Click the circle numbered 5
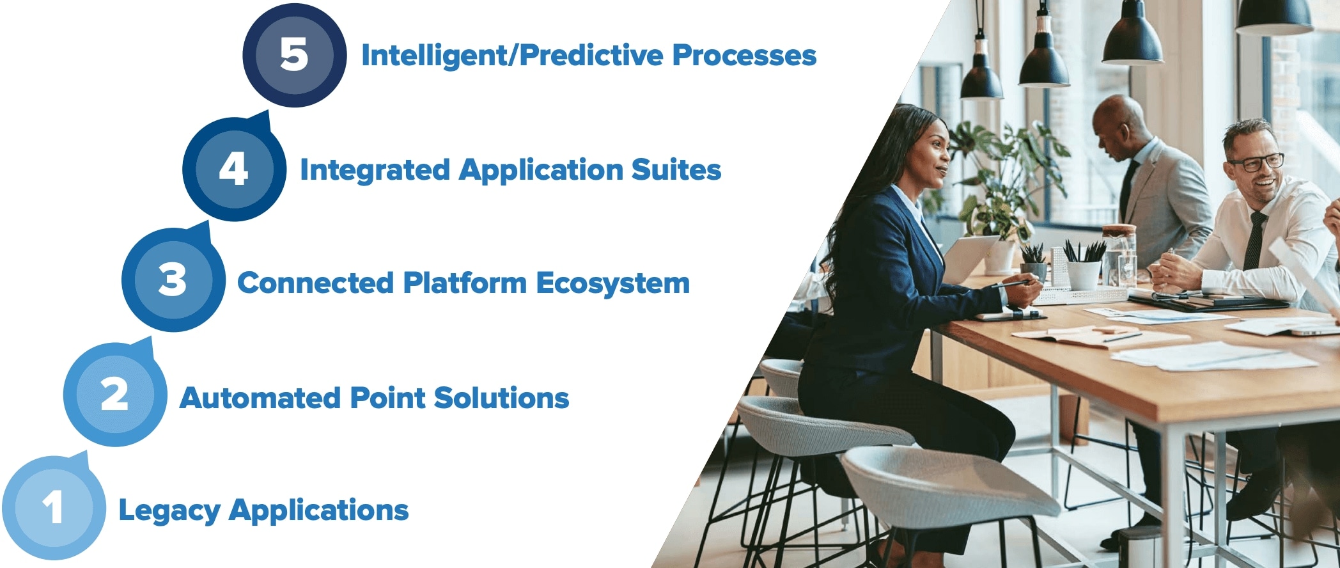pos(295,55)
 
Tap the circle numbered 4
pos(235,170)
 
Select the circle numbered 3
pos(173,280)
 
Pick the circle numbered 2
pos(115,395)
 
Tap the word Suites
pos(676,170)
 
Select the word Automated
pos(260,398)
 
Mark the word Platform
pos(465,283)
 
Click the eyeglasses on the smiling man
pos(1256,162)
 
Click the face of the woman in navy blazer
pos(931,155)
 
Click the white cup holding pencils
pos(1084,274)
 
